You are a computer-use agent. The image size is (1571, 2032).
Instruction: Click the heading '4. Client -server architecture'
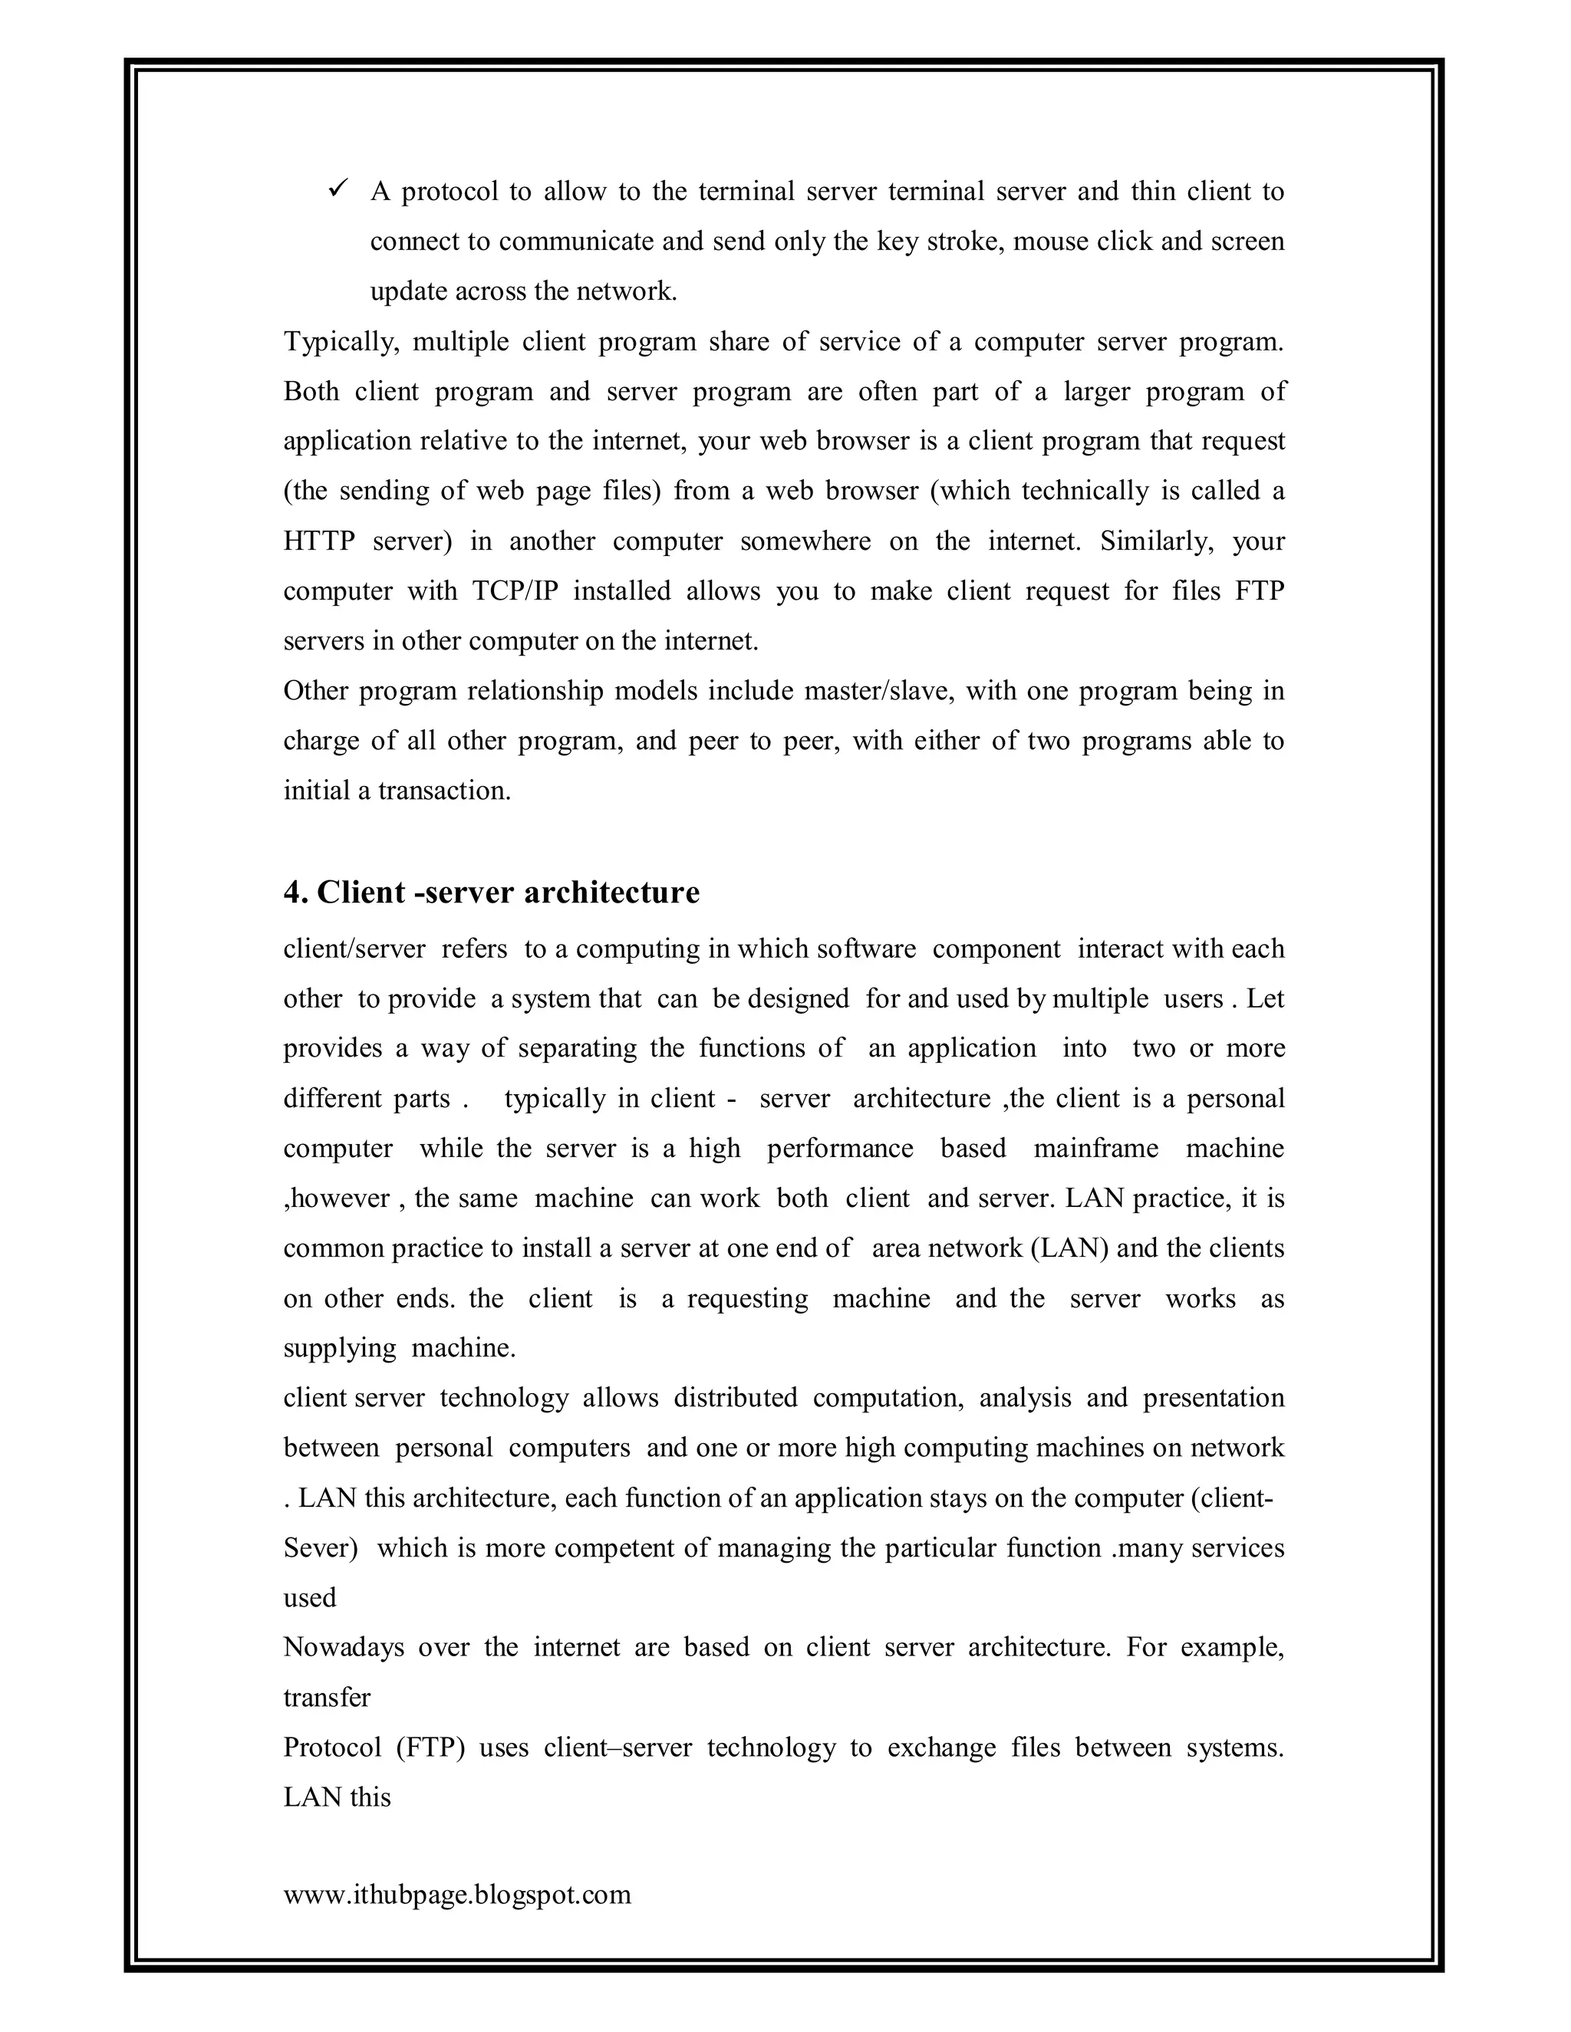coord(492,893)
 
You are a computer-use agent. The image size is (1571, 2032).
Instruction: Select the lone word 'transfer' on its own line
coord(327,1697)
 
